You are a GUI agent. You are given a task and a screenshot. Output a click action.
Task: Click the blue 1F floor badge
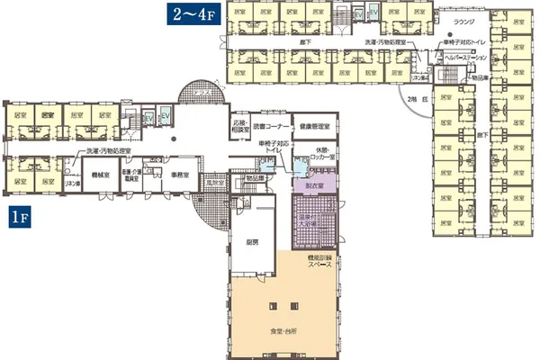(x=22, y=216)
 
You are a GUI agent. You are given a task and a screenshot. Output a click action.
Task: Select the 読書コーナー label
(x=270, y=127)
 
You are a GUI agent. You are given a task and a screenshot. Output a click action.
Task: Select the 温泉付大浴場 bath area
(x=315, y=221)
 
